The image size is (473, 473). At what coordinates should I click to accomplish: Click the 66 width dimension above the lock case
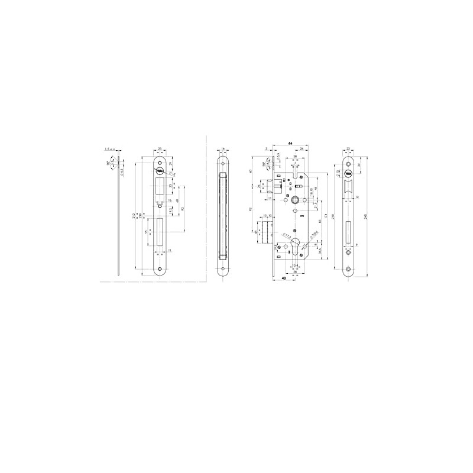click(290, 144)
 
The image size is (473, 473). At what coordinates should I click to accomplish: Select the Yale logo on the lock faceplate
click(348, 174)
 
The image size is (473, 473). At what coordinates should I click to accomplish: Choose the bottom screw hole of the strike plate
click(160, 268)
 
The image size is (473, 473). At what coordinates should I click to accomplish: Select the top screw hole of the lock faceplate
click(348, 160)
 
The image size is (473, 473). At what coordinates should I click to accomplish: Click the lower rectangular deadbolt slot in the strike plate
click(160, 233)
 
